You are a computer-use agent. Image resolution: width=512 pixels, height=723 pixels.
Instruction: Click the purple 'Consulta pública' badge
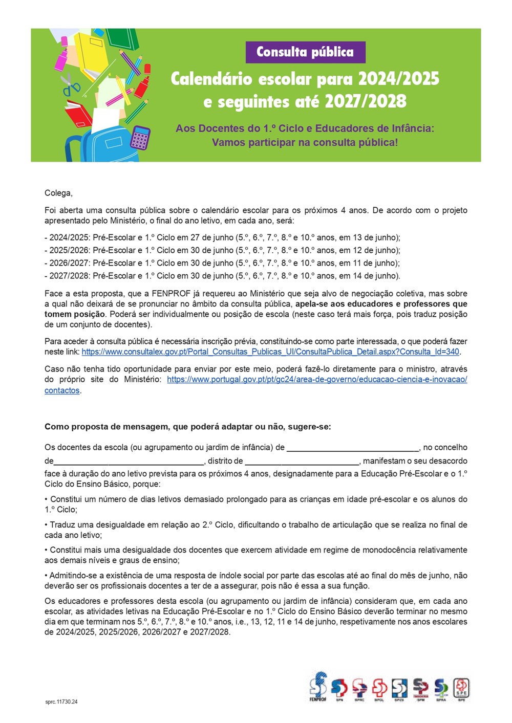[305, 52]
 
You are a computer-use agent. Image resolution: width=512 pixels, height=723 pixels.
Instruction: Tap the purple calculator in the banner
[140, 137]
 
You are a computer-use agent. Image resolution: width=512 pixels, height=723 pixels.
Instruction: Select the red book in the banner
[78, 114]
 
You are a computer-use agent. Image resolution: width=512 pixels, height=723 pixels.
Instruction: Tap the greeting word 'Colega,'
[58, 193]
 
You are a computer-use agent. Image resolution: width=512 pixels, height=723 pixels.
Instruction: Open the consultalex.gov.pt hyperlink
[270, 352]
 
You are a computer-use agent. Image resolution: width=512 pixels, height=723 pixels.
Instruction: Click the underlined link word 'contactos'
[62, 390]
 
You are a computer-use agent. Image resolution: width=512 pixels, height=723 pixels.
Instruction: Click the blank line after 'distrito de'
[303, 461]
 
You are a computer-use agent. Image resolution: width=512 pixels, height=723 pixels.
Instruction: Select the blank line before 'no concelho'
[353, 448]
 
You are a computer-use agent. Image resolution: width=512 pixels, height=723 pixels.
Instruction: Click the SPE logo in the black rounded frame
[461, 688]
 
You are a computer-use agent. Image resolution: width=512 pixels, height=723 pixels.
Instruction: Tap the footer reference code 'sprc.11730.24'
[61, 702]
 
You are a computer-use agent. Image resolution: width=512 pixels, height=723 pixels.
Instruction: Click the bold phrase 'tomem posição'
[75, 314]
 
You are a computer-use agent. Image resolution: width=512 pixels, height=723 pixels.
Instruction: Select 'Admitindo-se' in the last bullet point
[73, 576]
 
